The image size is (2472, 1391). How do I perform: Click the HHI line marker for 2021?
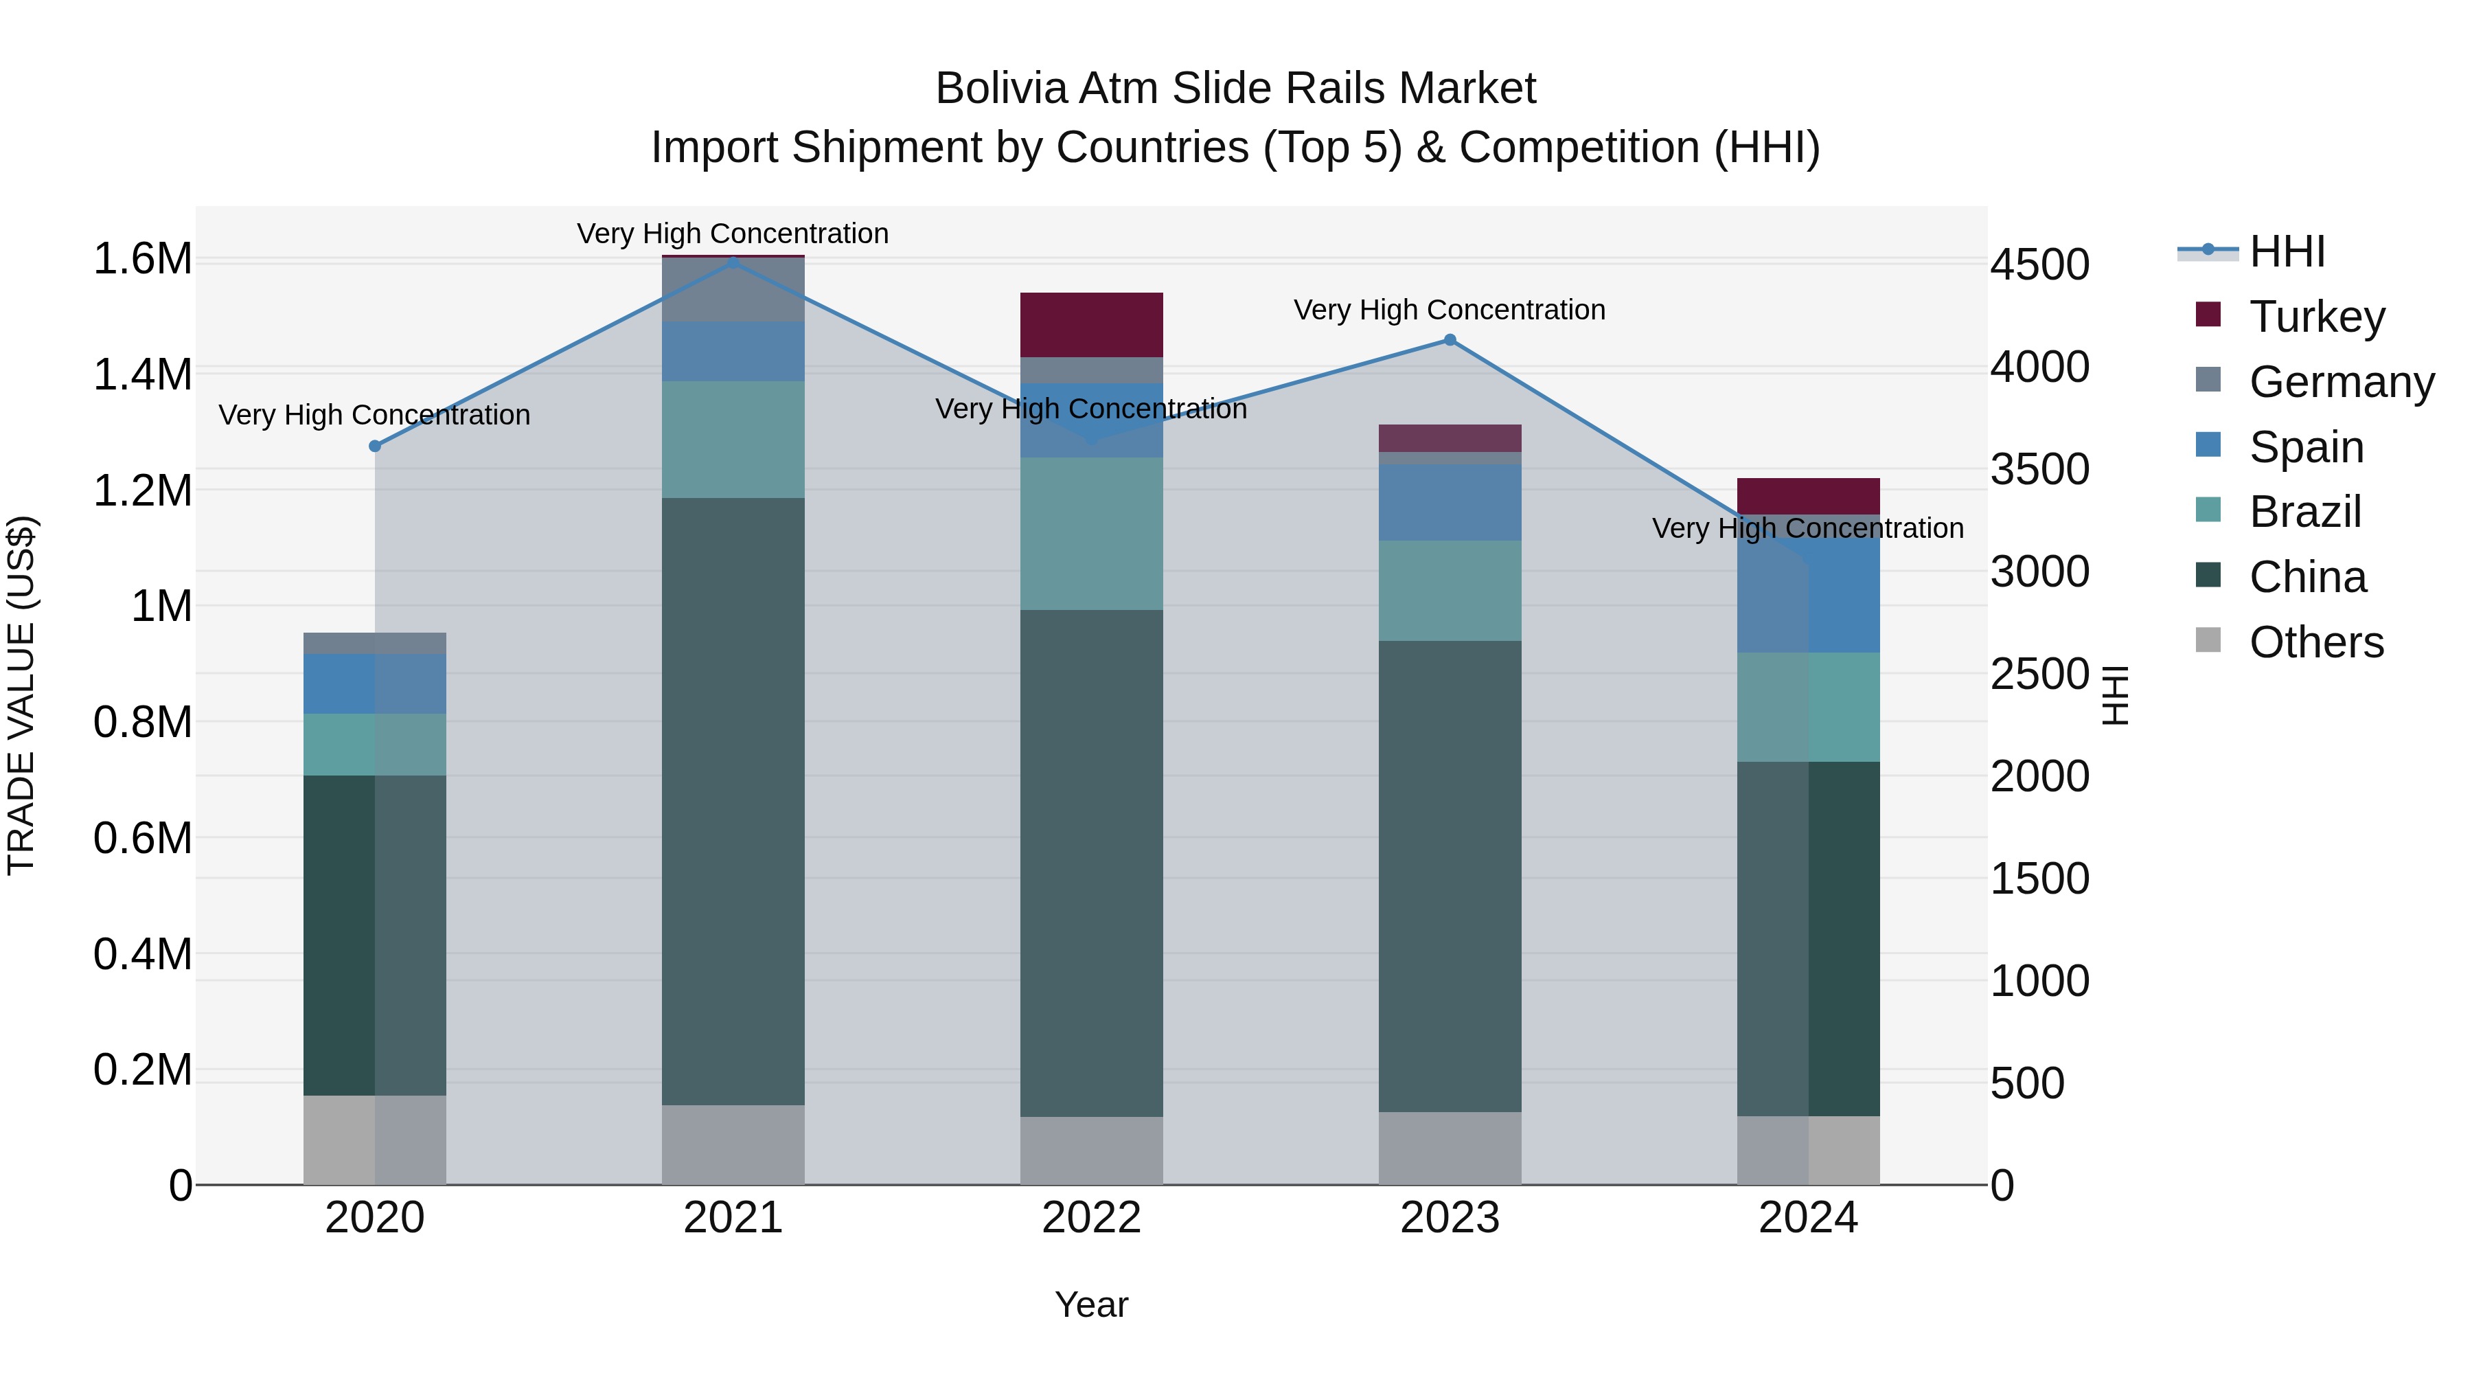point(733,262)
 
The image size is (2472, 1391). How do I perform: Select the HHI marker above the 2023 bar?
point(1450,340)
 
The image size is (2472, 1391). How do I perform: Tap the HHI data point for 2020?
point(375,446)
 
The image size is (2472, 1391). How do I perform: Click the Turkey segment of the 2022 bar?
point(1091,324)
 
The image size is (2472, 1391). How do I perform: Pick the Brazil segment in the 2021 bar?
point(733,439)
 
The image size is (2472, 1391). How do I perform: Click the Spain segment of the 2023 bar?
point(1450,502)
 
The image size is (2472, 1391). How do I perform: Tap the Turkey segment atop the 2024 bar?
point(1808,495)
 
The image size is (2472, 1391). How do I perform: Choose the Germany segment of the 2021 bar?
point(733,290)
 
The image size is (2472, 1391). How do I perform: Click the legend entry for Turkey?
point(2317,317)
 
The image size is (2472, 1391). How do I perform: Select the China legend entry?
point(2307,577)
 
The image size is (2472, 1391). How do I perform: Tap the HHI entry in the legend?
point(2286,251)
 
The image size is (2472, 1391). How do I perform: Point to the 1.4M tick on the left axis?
point(142,374)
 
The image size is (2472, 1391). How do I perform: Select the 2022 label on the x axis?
point(1091,1218)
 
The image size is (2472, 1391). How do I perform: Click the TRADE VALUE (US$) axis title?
point(21,695)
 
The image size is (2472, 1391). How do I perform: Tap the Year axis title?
point(1091,1304)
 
